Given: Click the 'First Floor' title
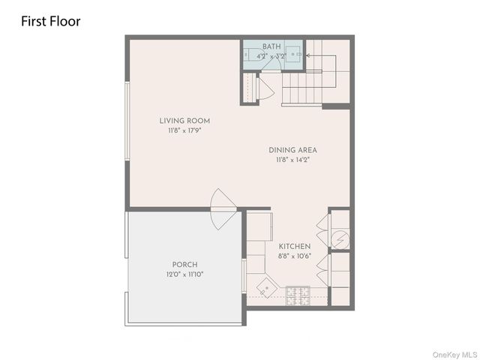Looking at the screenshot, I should pyautogui.click(x=51, y=21).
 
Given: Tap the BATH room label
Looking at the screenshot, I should pyautogui.click(x=271, y=46).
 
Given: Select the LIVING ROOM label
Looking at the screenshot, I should pyautogui.click(x=184, y=121).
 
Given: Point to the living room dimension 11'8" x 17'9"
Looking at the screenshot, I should pyautogui.click(x=184, y=130).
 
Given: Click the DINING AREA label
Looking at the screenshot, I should pyautogui.click(x=292, y=150).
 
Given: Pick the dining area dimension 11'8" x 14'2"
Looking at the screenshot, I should pyautogui.click(x=292, y=160).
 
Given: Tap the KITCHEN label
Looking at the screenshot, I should pyautogui.click(x=295, y=246).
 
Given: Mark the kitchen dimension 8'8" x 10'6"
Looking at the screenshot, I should pyautogui.click(x=295, y=256).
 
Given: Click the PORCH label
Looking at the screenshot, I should pyautogui.click(x=184, y=265).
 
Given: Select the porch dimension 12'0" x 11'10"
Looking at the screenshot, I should pyautogui.click(x=184, y=274).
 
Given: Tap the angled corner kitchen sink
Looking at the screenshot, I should pyautogui.click(x=264, y=288).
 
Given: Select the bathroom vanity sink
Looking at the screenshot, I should pyautogui.click(x=295, y=55).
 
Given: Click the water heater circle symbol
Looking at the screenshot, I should pyautogui.click(x=340, y=239).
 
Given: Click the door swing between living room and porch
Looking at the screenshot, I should pyautogui.click(x=223, y=209).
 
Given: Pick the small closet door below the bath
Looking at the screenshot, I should pyautogui.click(x=265, y=88).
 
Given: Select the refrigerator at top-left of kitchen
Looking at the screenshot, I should pyautogui.click(x=259, y=226).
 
